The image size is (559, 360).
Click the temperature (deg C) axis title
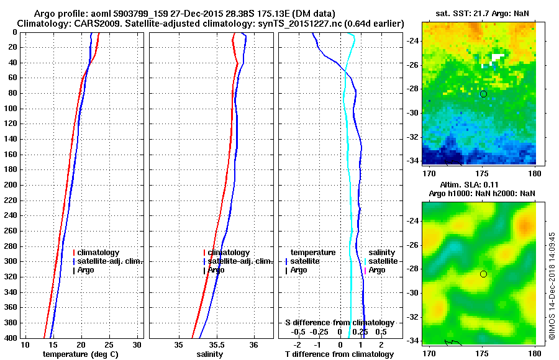(80, 354)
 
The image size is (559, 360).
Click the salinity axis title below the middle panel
(210, 354)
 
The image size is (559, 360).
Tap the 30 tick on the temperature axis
(138, 344)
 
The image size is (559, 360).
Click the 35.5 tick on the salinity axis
(216, 344)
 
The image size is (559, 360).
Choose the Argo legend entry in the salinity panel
(216, 270)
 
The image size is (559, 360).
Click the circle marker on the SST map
(483, 94)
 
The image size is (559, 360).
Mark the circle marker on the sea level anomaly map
(483, 274)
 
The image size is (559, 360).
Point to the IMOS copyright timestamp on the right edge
(551, 287)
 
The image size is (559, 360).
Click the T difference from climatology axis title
(339, 354)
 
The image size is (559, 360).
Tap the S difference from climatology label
(339, 323)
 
